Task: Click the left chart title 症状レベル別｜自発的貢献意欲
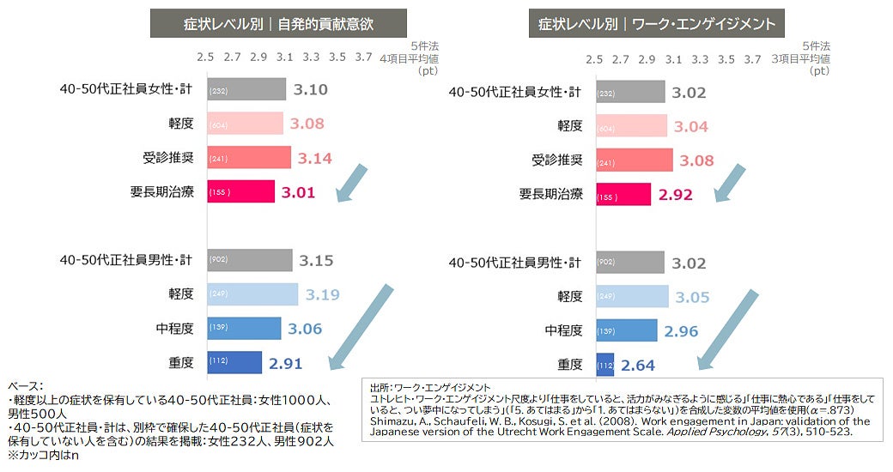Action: coord(267,23)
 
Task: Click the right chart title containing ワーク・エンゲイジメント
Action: coord(657,23)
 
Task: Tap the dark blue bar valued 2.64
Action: coord(604,365)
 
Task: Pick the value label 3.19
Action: coord(322,295)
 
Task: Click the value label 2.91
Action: coord(285,364)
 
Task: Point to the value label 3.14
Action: coord(314,158)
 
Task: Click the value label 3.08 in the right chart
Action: coord(696,160)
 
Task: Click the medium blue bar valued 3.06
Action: coord(244,329)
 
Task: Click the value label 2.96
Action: coord(681,331)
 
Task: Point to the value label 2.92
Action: coord(676,195)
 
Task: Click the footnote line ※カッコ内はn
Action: coord(43,455)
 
